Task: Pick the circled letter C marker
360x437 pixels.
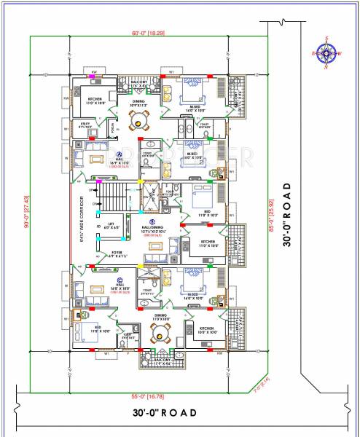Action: (x=119, y=279)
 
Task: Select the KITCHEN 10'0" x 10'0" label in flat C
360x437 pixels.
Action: (x=207, y=331)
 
